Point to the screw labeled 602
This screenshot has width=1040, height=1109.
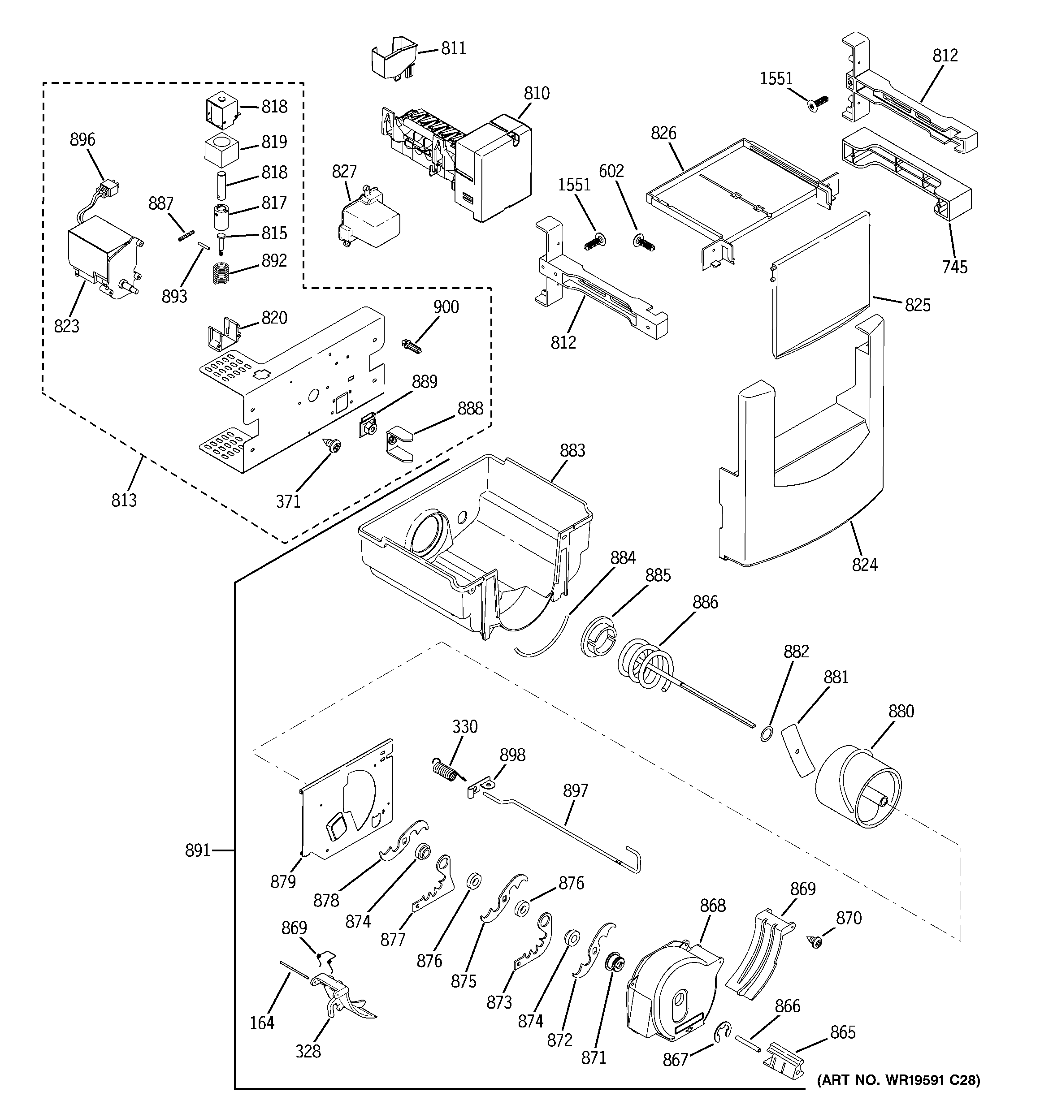coord(644,243)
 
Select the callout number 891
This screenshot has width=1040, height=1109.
coord(198,851)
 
